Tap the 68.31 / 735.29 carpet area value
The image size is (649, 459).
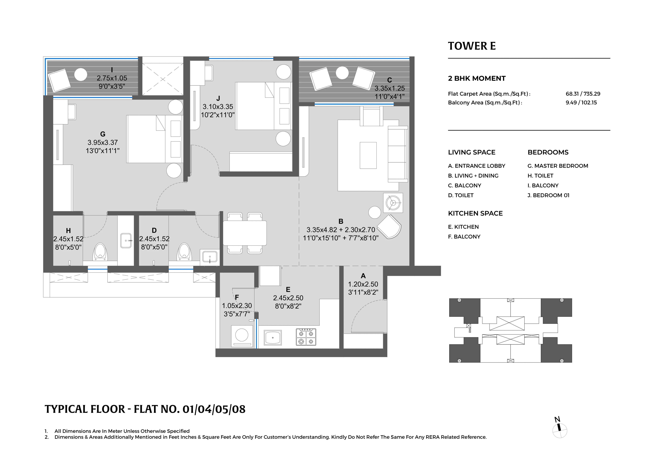pos(583,94)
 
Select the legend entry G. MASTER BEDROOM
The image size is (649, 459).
pos(557,166)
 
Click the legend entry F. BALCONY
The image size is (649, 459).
pos(464,237)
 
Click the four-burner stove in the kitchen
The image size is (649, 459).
pos(306,337)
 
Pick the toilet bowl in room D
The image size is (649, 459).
pos(184,252)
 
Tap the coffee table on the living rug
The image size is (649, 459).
pos(368,155)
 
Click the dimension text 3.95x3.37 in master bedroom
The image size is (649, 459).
pos(103,143)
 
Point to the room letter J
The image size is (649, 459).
pos(218,98)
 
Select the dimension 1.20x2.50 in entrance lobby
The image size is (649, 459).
pos(363,284)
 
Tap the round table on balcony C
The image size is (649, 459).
pos(342,73)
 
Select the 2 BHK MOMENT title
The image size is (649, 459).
pos(477,78)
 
